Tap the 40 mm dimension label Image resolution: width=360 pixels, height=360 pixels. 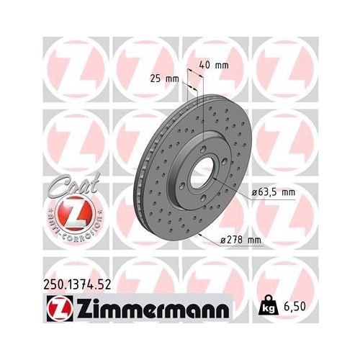pos(215,65)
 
